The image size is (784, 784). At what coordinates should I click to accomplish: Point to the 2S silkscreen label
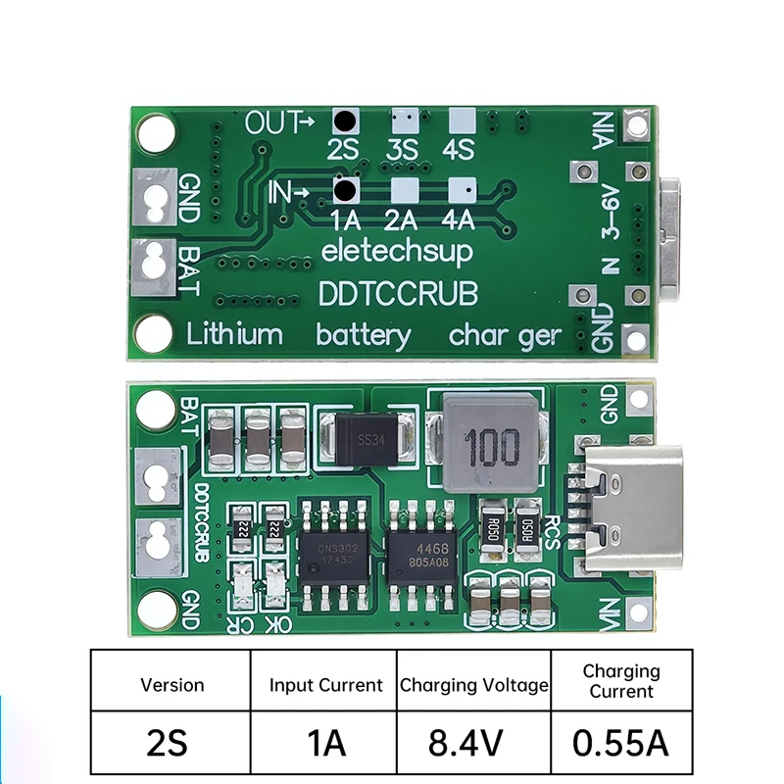coord(344,150)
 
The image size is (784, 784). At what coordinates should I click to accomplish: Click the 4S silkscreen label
coord(459,150)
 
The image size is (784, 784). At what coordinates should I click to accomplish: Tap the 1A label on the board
coord(345,219)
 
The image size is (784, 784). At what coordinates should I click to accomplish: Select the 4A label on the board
coord(459,219)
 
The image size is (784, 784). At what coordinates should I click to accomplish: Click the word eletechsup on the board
coord(397,251)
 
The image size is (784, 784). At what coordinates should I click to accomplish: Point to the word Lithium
coord(234,334)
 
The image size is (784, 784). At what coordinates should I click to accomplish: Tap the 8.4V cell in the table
coord(474,742)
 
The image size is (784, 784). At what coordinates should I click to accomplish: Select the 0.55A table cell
coord(621,742)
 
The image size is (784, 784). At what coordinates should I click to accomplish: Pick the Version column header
coord(172,685)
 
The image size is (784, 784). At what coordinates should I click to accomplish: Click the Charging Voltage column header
coord(474,685)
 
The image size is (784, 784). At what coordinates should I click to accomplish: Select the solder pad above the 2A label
coord(403,188)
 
